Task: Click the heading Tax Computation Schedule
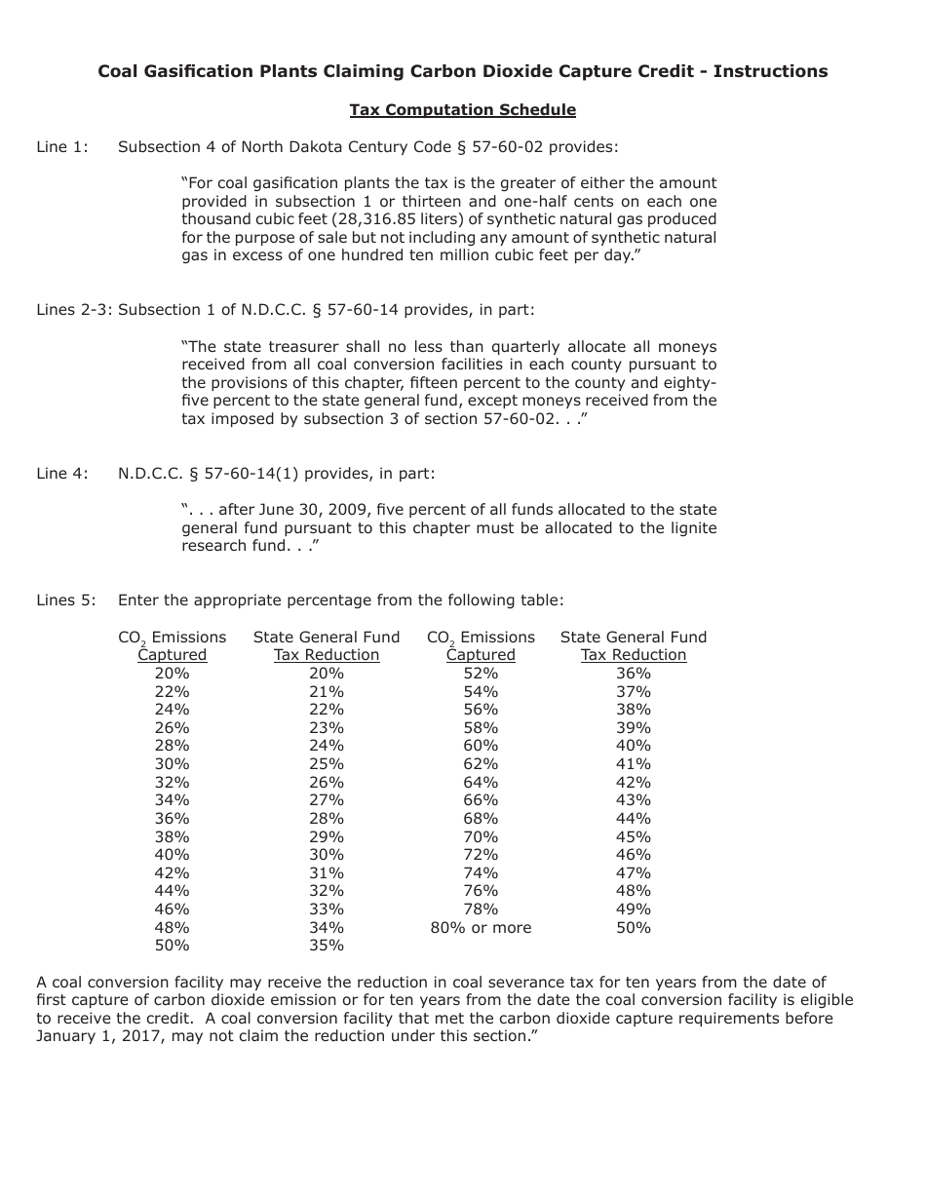click(x=462, y=110)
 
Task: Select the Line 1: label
click(x=62, y=147)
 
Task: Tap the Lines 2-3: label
click(x=74, y=310)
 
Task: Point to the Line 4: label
click(x=62, y=474)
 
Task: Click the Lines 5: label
click(x=66, y=600)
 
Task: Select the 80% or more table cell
click(x=481, y=928)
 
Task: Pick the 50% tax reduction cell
click(x=634, y=928)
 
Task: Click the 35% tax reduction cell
click(x=327, y=946)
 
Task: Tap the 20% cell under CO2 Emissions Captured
click(x=172, y=674)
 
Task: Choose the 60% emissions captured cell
click(x=481, y=747)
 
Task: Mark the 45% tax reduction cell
click(x=634, y=837)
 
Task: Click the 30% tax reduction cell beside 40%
click(x=327, y=855)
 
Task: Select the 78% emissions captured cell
click(x=481, y=909)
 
